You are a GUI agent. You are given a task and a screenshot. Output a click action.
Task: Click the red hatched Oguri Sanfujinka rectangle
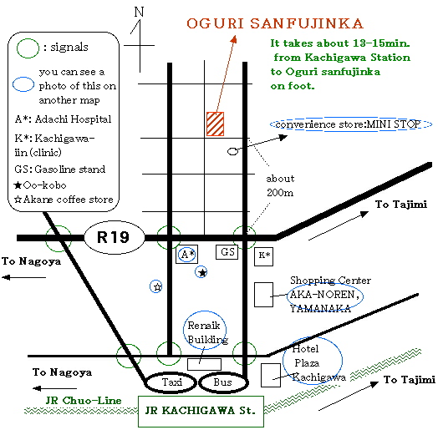215,124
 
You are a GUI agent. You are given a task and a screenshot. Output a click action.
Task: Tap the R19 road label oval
115,237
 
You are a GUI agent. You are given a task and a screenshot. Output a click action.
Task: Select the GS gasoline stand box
227,252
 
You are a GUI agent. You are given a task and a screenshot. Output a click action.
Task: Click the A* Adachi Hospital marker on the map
187,254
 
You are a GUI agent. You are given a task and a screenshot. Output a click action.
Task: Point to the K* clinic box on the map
263,256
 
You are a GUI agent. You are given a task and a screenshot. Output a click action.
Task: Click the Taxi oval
171,382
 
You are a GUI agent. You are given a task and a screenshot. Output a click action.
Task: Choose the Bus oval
223,382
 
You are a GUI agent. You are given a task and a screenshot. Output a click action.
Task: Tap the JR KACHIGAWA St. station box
201,412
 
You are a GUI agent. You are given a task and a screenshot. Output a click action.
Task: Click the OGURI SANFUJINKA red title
275,23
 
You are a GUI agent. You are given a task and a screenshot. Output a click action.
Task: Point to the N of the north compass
139,12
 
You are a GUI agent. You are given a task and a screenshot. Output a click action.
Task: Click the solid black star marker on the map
202,272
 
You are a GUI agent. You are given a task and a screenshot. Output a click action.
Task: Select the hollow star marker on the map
157,287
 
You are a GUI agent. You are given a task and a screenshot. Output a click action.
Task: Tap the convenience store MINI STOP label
348,124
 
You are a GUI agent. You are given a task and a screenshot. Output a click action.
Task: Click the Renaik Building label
208,332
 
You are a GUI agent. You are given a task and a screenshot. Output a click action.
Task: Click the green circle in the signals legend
28,48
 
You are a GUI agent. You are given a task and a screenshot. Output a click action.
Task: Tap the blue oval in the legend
23,84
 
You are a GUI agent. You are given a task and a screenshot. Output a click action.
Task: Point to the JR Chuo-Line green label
84,401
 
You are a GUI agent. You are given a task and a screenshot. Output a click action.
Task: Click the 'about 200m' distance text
280,185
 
